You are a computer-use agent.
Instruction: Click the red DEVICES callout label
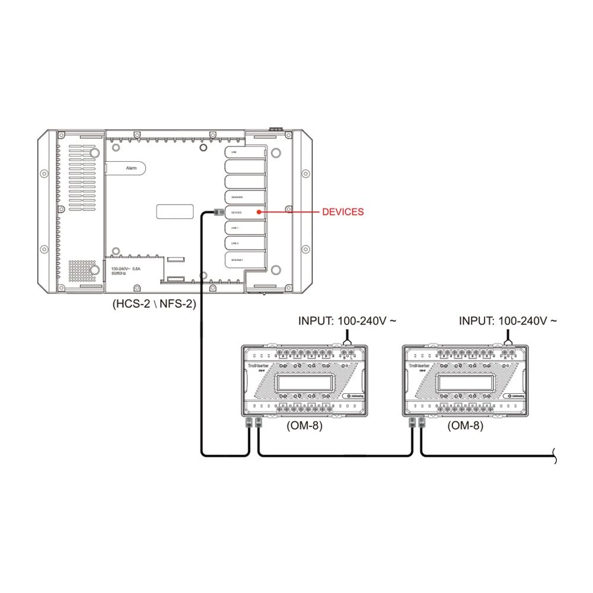click(343, 212)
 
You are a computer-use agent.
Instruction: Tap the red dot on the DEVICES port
click(258, 212)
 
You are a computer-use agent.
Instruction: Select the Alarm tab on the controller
click(132, 168)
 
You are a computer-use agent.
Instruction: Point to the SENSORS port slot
click(243, 196)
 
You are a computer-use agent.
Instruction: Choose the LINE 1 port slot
click(243, 227)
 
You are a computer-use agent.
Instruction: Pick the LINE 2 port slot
click(243, 243)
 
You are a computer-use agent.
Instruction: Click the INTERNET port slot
click(243, 259)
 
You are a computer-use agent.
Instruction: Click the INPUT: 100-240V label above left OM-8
click(347, 321)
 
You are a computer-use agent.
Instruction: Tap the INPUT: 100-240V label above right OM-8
click(508, 321)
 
